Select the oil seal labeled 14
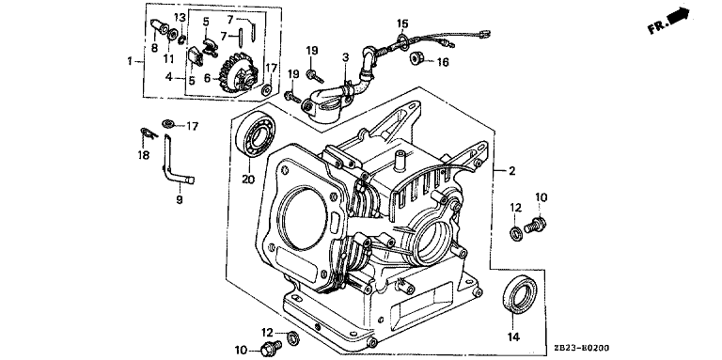tap(519, 294)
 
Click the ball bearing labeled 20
tap(255, 133)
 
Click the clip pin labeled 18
tap(149, 134)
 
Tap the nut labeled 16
tap(416, 58)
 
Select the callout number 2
tap(511, 171)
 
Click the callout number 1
tap(130, 61)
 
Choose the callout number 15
tap(402, 23)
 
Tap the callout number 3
tap(345, 57)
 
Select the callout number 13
tap(180, 18)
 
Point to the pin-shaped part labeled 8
tap(160, 25)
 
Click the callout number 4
tap(169, 77)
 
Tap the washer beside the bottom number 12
tap(292, 338)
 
